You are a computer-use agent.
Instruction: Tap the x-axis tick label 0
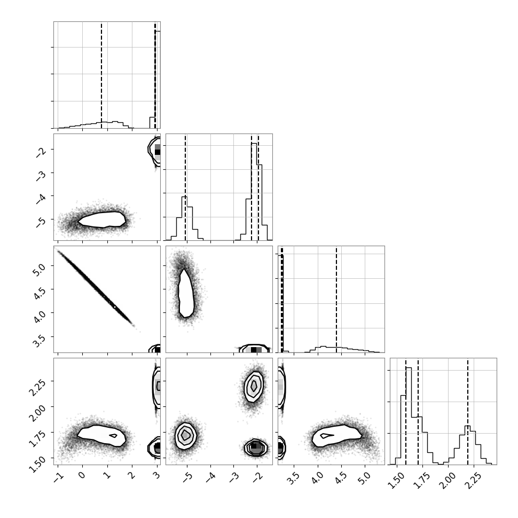point(82,475)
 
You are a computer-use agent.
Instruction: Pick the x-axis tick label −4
point(208,476)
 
